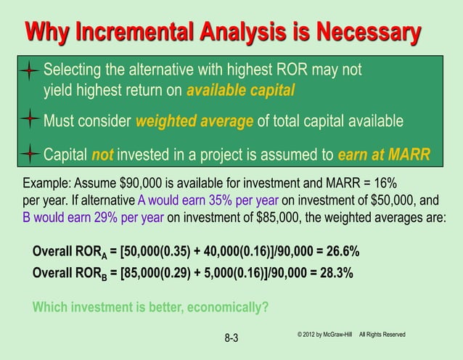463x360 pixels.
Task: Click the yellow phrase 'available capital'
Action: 241,91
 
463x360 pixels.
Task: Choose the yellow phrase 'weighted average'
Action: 194,120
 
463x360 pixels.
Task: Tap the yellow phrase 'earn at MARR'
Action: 384,155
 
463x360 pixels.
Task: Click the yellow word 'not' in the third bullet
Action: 103,155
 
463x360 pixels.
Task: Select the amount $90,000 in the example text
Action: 136,181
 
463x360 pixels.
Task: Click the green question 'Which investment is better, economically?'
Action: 150,306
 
